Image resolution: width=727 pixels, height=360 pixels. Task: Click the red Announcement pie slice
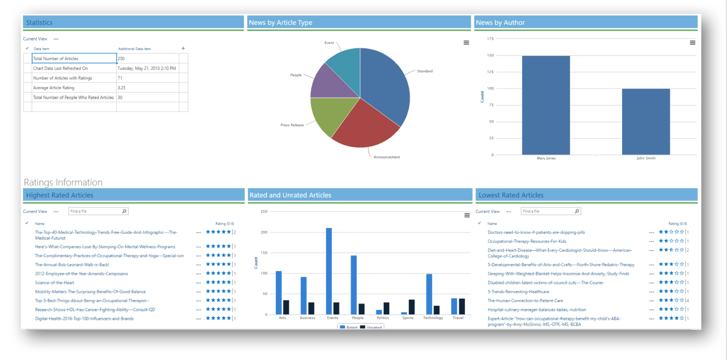(x=366, y=128)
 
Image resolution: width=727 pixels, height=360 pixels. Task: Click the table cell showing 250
(x=147, y=59)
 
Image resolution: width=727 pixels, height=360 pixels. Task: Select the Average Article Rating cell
(x=74, y=88)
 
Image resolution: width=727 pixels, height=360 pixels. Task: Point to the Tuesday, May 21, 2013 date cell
(x=147, y=68)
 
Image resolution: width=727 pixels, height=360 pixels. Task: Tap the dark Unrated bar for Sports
(x=411, y=307)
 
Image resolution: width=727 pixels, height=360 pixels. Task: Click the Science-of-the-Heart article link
(x=55, y=283)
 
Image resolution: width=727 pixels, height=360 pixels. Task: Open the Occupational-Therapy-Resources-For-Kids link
(x=527, y=241)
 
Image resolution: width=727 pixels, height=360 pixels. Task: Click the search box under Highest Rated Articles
(x=95, y=211)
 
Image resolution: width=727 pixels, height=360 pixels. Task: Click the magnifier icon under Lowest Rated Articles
(x=577, y=211)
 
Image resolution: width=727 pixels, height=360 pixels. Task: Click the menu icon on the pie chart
(x=466, y=43)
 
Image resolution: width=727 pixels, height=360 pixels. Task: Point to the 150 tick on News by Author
(x=490, y=55)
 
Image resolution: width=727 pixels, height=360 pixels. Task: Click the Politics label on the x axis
(x=383, y=318)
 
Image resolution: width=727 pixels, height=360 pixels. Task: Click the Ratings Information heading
(x=63, y=182)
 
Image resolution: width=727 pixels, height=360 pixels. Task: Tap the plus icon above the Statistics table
(x=183, y=48)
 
